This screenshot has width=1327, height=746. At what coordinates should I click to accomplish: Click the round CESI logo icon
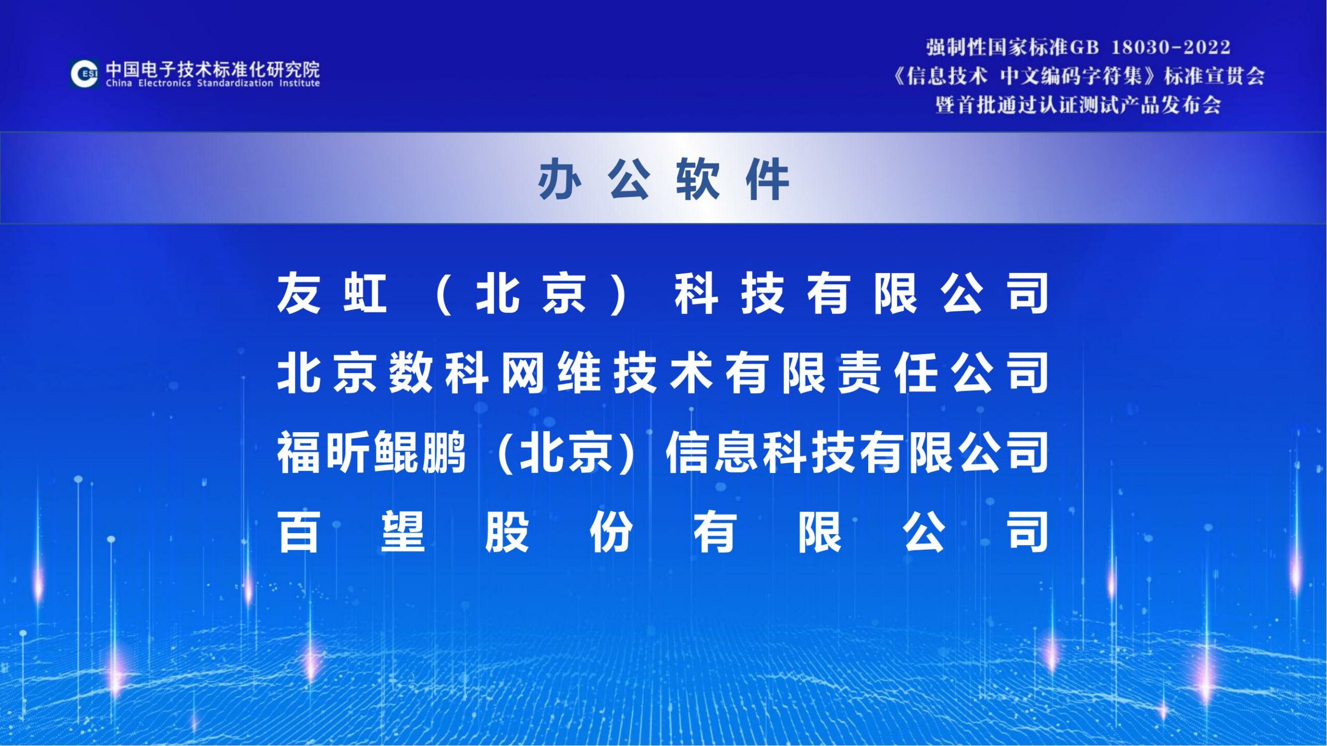[x=84, y=74]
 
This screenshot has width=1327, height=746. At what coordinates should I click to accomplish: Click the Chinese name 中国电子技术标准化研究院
[x=213, y=69]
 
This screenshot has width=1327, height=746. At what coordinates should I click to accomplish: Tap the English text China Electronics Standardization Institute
[x=213, y=83]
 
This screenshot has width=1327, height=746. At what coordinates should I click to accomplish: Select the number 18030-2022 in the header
[x=1170, y=48]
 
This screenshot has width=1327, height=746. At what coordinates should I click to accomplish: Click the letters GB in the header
[x=1084, y=48]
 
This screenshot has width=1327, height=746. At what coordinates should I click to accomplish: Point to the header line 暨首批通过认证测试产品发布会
[x=1078, y=105]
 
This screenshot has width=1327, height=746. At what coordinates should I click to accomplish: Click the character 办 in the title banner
[x=559, y=179]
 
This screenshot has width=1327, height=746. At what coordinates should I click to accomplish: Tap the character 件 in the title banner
[x=768, y=179]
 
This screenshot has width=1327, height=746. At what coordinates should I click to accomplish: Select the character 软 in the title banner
[x=698, y=179]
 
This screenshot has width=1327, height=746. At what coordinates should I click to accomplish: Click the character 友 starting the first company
[x=299, y=293]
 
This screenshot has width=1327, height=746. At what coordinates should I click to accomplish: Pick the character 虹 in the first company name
[x=365, y=293]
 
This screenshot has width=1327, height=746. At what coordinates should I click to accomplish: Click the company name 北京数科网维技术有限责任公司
[x=663, y=372]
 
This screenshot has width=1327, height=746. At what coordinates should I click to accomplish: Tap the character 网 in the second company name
[x=523, y=372]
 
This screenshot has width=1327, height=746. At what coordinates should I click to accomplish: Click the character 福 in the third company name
[x=299, y=452]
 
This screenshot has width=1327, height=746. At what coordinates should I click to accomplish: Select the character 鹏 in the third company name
[x=444, y=452]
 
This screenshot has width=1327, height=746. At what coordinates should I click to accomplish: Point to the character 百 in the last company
[x=299, y=532]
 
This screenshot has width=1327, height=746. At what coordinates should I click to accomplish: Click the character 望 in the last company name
[x=403, y=532]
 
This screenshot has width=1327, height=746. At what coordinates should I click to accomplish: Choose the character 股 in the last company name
[x=507, y=532]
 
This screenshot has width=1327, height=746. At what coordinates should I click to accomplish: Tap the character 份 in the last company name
[x=611, y=532]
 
